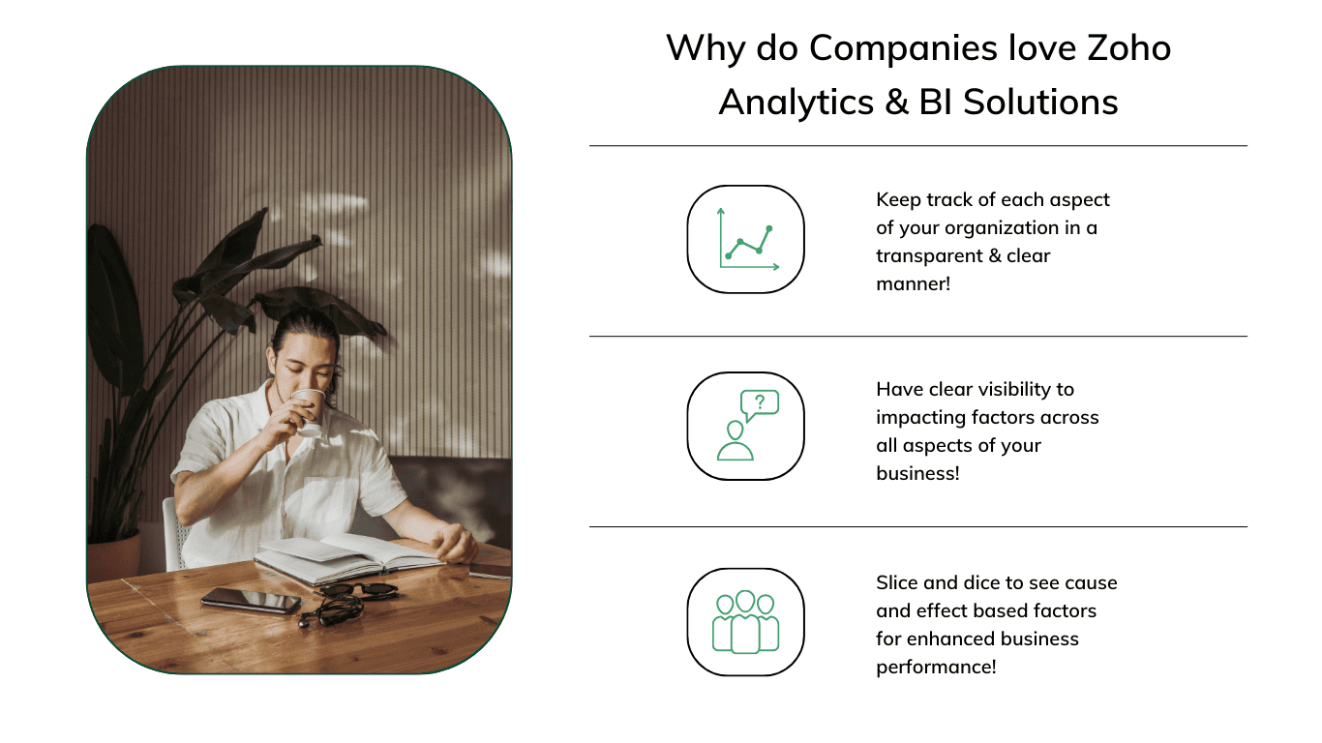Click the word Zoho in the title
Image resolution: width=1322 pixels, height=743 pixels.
tap(1129, 47)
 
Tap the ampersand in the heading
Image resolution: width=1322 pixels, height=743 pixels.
tap(896, 103)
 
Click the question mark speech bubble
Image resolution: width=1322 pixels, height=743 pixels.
tap(760, 405)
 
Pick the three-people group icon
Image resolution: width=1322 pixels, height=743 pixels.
tap(745, 622)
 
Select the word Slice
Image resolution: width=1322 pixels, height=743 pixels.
tap(897, 582)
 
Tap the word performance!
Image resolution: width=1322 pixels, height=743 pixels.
tap(936, 667)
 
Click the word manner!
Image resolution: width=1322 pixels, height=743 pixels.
tap(913, 283)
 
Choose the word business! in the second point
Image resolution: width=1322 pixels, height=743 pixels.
tap(917, 473)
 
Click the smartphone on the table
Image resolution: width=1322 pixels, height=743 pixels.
tap(251, 601)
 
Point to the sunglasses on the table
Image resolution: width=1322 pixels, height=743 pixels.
tap(358, 589)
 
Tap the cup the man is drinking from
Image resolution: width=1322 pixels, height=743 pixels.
tap(309, 411)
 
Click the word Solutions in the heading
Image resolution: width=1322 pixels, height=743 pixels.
tap(1040, 103)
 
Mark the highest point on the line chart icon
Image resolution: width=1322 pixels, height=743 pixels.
tap(769, 228)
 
